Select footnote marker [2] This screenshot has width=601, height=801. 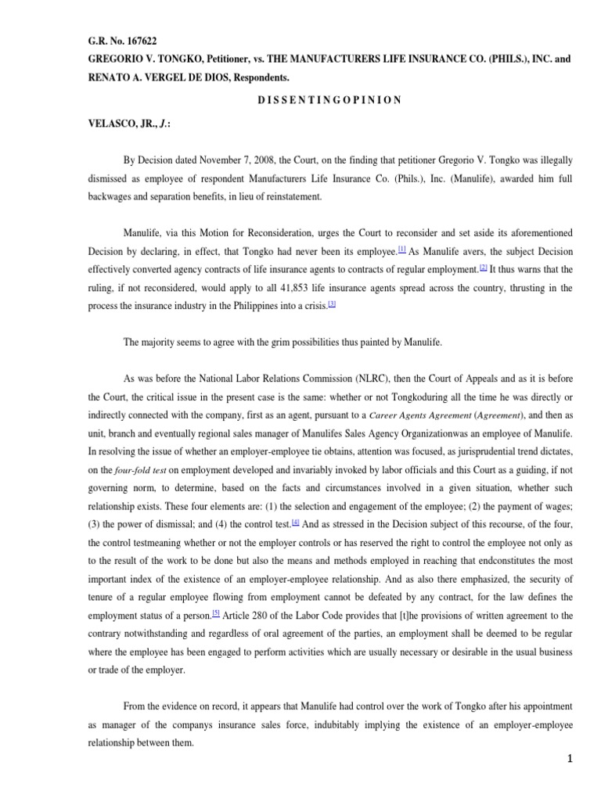coord(483,268)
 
